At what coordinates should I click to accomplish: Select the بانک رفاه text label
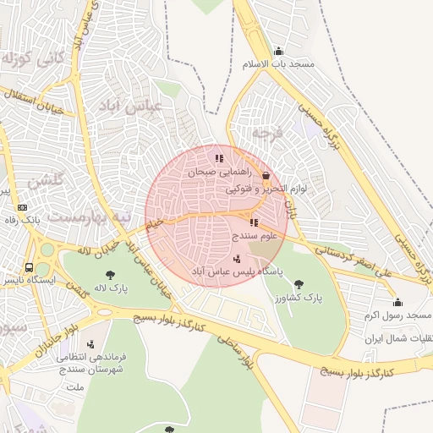pyautogui.click(x=23, y=220)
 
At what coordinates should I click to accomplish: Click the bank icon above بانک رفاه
pyautogui.click(x=22, y=206)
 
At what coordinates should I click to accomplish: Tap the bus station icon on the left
pyautogui.click(x=30, y=267)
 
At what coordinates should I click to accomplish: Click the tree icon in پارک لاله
pyautogui.click(x=110, y=274)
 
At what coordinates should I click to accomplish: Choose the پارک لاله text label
pyautogui.click(x=111, y=288)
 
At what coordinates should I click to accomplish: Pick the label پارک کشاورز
pyautogui.click(x=298, y=299)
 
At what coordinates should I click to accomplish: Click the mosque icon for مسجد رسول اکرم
pyautogui.click(x=397, y=302)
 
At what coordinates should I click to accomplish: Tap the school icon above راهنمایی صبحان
pyautogui.click(x=219, y=157)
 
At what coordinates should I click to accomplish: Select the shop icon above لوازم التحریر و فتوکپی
pyautogui.click(x=267, y=176)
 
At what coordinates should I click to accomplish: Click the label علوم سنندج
pyautogui.click(x=255, y=237)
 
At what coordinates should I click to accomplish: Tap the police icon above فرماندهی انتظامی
pyautogui.click(x=91, y=343)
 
